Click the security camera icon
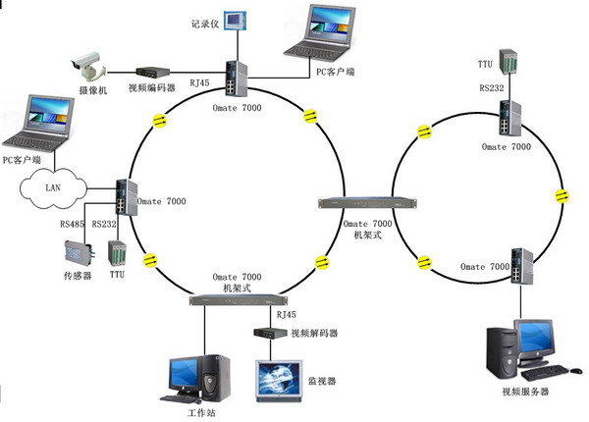pos(85,66)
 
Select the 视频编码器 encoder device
pos(154,73)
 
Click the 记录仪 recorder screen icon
pos(237,22)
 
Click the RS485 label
pos(73,224)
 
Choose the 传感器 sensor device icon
pos(75,253)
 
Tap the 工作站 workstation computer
pos(200,372)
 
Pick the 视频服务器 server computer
pos(521,354)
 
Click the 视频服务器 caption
pos(524,393)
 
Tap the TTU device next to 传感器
pos(116,253)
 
